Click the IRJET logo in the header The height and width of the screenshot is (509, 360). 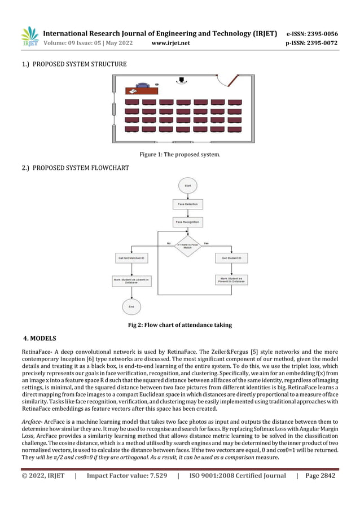(x=29, y=37)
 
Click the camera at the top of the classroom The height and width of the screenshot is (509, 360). (x=181, y=81)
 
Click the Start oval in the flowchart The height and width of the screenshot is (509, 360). (x=187, y=185)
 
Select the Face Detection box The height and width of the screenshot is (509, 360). (x=187, y=204)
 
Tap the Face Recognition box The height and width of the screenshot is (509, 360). (x=187, y=222)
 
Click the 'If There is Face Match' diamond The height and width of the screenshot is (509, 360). (x=187, y=245)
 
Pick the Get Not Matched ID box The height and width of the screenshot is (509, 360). (x=131, y=258)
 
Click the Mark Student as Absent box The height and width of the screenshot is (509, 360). (x=131, y=280)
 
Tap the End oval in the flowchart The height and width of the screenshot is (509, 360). (x=131, y=306)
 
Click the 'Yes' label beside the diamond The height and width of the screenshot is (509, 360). (x=206, y=243)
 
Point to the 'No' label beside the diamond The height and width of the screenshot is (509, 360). (x=168, y=243)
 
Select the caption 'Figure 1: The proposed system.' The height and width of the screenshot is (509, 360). (x=180, y=154)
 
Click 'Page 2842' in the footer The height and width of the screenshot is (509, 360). (x=320, y=476)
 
